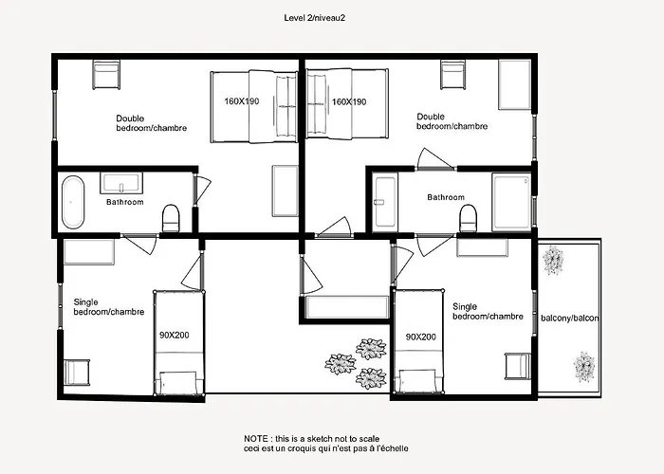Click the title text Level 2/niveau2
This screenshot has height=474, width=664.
pyautogui.click(x=314, y=18)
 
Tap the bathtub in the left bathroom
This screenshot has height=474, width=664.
pyautogui.click(x=73, y=202)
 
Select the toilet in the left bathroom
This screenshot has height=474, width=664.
pyautogui.click(x=171, y=218)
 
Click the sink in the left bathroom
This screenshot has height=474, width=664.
pyautogui.click(x=121, y=182)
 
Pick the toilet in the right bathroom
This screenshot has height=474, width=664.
pyautogui.click(x=469, y=218)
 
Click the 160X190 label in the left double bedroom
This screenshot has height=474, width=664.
pyautogui.click(x=241, y=101)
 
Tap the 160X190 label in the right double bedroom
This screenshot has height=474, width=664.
pyautogui.click(x=349, y=101)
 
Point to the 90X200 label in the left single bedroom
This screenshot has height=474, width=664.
pyautogui.click(x=174, y=336)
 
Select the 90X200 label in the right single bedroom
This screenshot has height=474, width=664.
pyautogui.click(x=420, y=337)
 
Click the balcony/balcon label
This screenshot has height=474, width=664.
pyautogui.click(x=570, y=318)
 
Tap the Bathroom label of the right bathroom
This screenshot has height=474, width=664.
pyautogui.click(x=446, y=197)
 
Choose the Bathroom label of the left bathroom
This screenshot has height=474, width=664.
pyautogui.click(x=125, y=202)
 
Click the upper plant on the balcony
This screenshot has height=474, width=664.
pyautogui.click(x=553, y=260)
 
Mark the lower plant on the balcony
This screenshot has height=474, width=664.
pyautogui.click(x=584, y=367)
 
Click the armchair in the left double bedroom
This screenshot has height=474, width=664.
pyautogui.click(x=106, y=75)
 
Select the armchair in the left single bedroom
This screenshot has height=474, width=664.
pyautogui.click(x=77, y=373)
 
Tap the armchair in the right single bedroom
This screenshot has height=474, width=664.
pyautogui.click(x=518, y=366)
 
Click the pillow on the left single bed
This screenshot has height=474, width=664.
pyautogui.click(x=178, y=383)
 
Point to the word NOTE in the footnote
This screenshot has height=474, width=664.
pyautogui.click(x=256, y=439)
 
